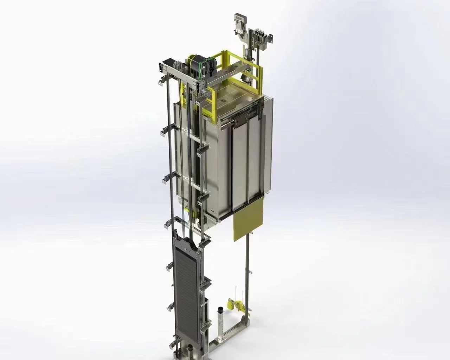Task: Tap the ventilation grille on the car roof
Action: pos(223,100)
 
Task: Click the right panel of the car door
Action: pos(256,165)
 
